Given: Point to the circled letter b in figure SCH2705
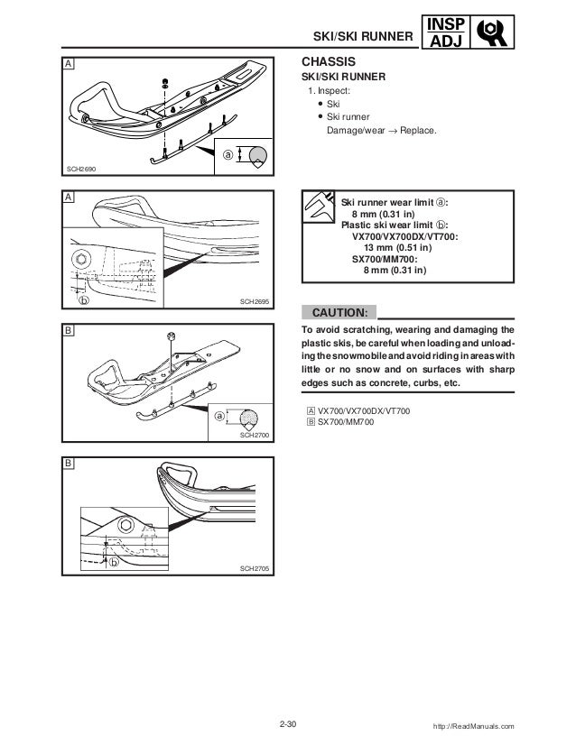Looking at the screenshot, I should pyautogui.click(x=113, y=561).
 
